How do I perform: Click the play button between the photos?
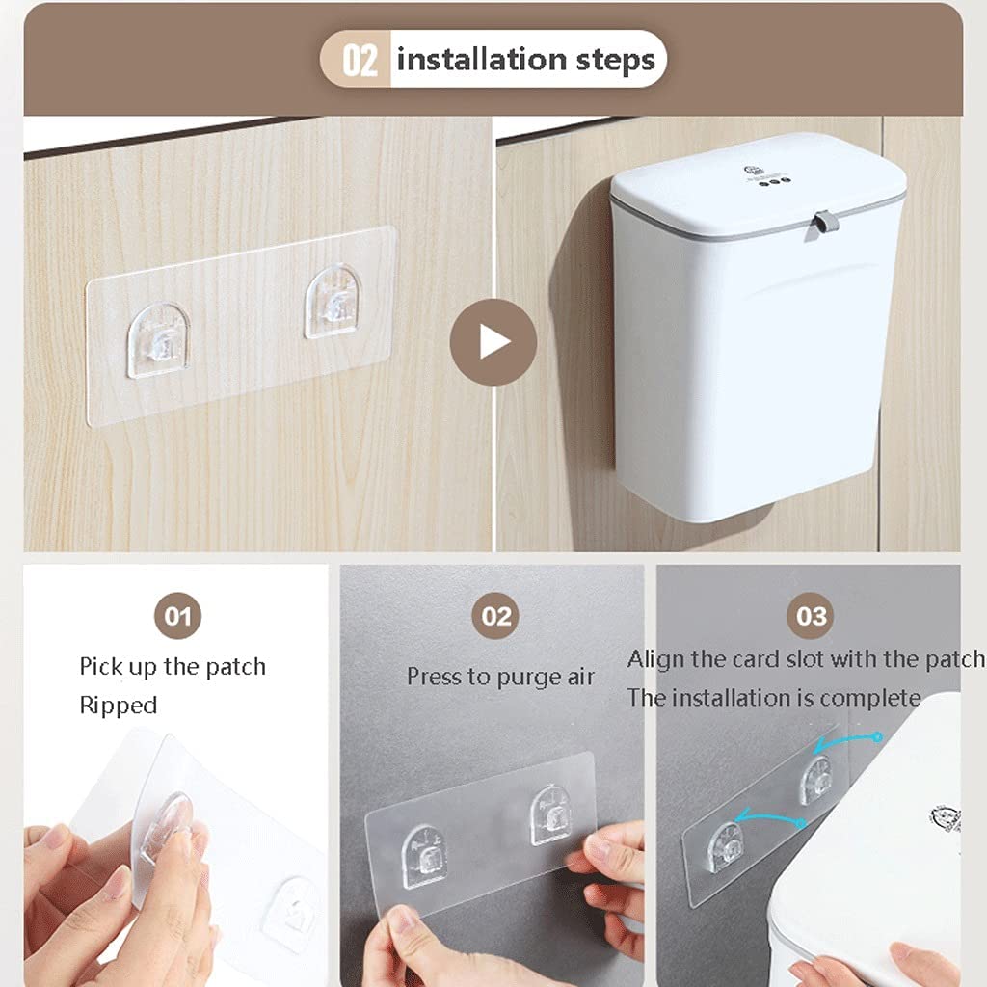pos(493,342)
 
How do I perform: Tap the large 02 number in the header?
pos(360,61)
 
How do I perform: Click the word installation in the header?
pos(482,59)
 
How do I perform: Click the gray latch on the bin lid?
pos(821,224)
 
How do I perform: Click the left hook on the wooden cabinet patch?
pos(159,340)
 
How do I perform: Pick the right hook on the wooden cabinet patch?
pos(333,302)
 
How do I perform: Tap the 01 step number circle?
pos(177,616)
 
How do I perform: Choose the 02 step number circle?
pos(495,616)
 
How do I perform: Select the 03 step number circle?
pos(811,616)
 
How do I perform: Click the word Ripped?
pos(119,706)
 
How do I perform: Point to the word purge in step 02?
pos(529,678)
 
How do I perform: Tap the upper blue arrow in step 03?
pos(846,741)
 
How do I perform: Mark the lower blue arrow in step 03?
pos(770,817)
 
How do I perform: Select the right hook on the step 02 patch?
pos(551,814)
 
